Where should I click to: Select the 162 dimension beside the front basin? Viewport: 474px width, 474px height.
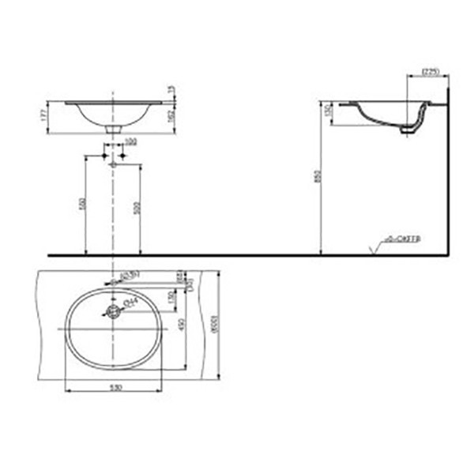pos(171,115)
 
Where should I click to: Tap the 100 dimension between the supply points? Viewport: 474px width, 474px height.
pos(130,142)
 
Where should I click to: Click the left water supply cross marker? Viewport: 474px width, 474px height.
pos(104,156)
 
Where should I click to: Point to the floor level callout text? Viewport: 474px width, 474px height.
pos(403,237)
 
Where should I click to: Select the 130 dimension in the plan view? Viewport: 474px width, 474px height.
pos(171,299)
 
